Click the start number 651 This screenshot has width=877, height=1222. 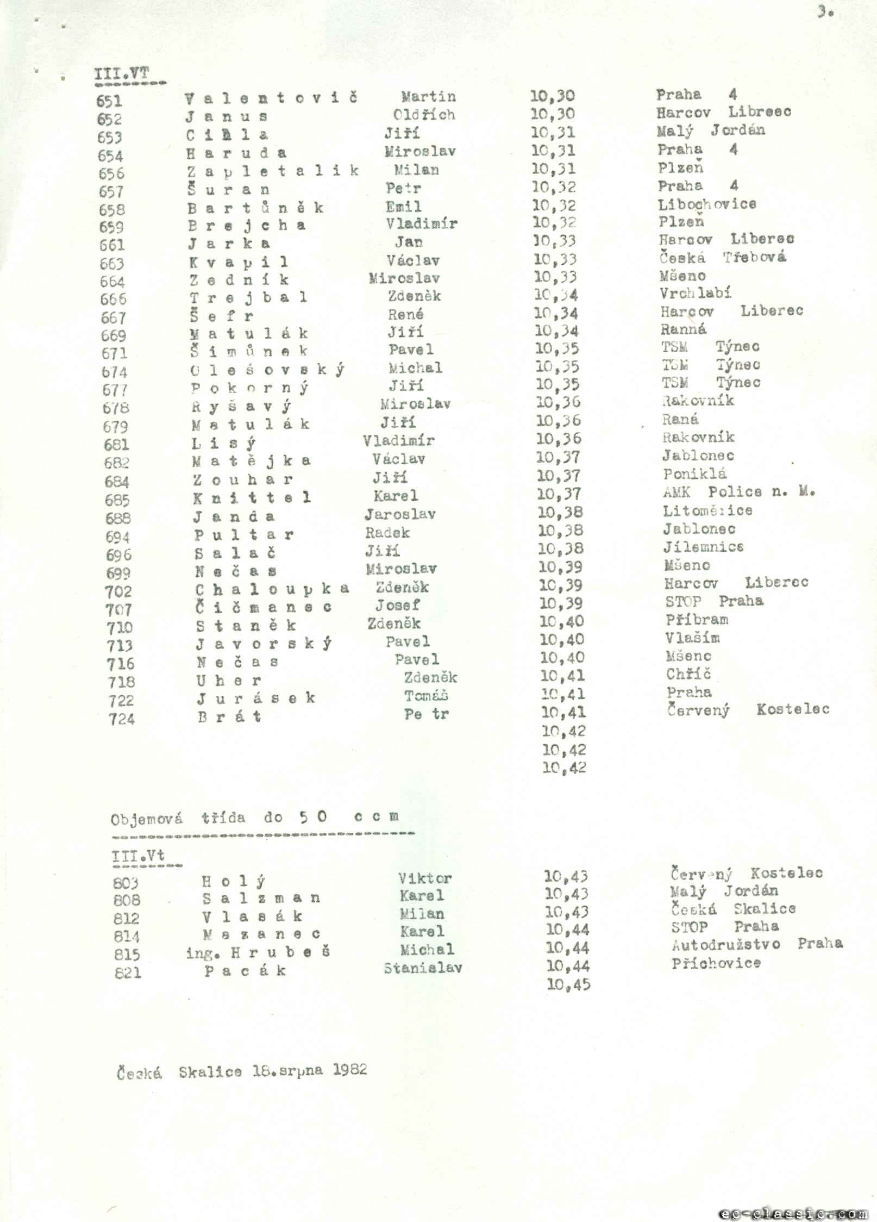tap(109, 101)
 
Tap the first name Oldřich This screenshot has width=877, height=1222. tap(424, 115)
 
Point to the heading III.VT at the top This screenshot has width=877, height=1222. tap(122, 74)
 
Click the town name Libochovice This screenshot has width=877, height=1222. tap(707, 204)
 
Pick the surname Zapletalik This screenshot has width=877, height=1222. tap(273, 171)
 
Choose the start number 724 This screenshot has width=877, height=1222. tap(121, 719)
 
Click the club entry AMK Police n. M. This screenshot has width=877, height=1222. tap(738, 492)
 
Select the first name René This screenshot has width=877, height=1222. tap(405, 314)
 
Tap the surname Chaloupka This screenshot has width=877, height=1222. tap(272, 589)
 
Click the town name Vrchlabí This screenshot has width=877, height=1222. tap(695, 294)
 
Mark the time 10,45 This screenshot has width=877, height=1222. tap(568, 984)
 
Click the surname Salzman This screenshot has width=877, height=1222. tap(261, 897)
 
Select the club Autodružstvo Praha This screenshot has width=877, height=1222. tap(757, 944)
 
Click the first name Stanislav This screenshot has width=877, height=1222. tap(423, 968)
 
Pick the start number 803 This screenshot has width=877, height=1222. tap(126, 883)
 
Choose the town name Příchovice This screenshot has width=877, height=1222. tap(716, 963)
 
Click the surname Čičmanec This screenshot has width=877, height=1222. tap(264, 607)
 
